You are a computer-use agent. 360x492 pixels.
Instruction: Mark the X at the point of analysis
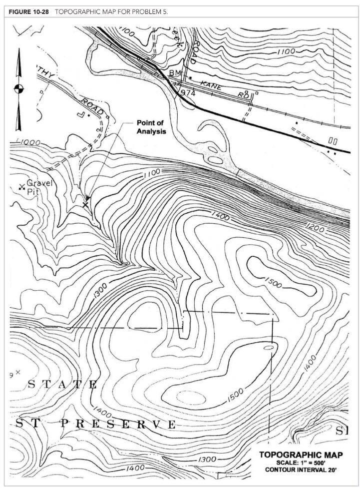pos(85,205)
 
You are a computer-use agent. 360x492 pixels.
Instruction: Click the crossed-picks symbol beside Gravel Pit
pos(21,187)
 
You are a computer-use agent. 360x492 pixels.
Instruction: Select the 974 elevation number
pos(188,93)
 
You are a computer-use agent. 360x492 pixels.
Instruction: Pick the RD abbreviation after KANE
pos(243,94)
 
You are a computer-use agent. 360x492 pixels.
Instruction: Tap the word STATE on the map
pos(63,384)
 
